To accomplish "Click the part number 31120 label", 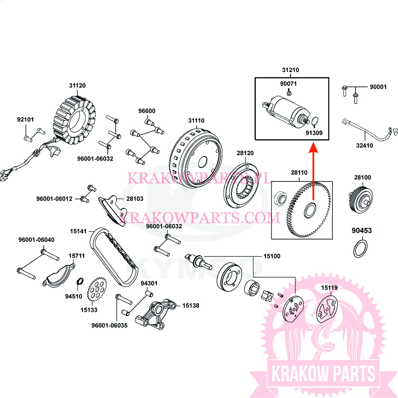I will click(77, 86).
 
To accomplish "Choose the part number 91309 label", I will click(314, 133).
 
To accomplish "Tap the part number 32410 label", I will click(364, 146).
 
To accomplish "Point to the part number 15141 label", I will click(78, 231).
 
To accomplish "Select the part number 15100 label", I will click(272, 256).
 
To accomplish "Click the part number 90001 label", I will click(378, 87).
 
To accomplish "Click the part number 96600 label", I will click(147, 111).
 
